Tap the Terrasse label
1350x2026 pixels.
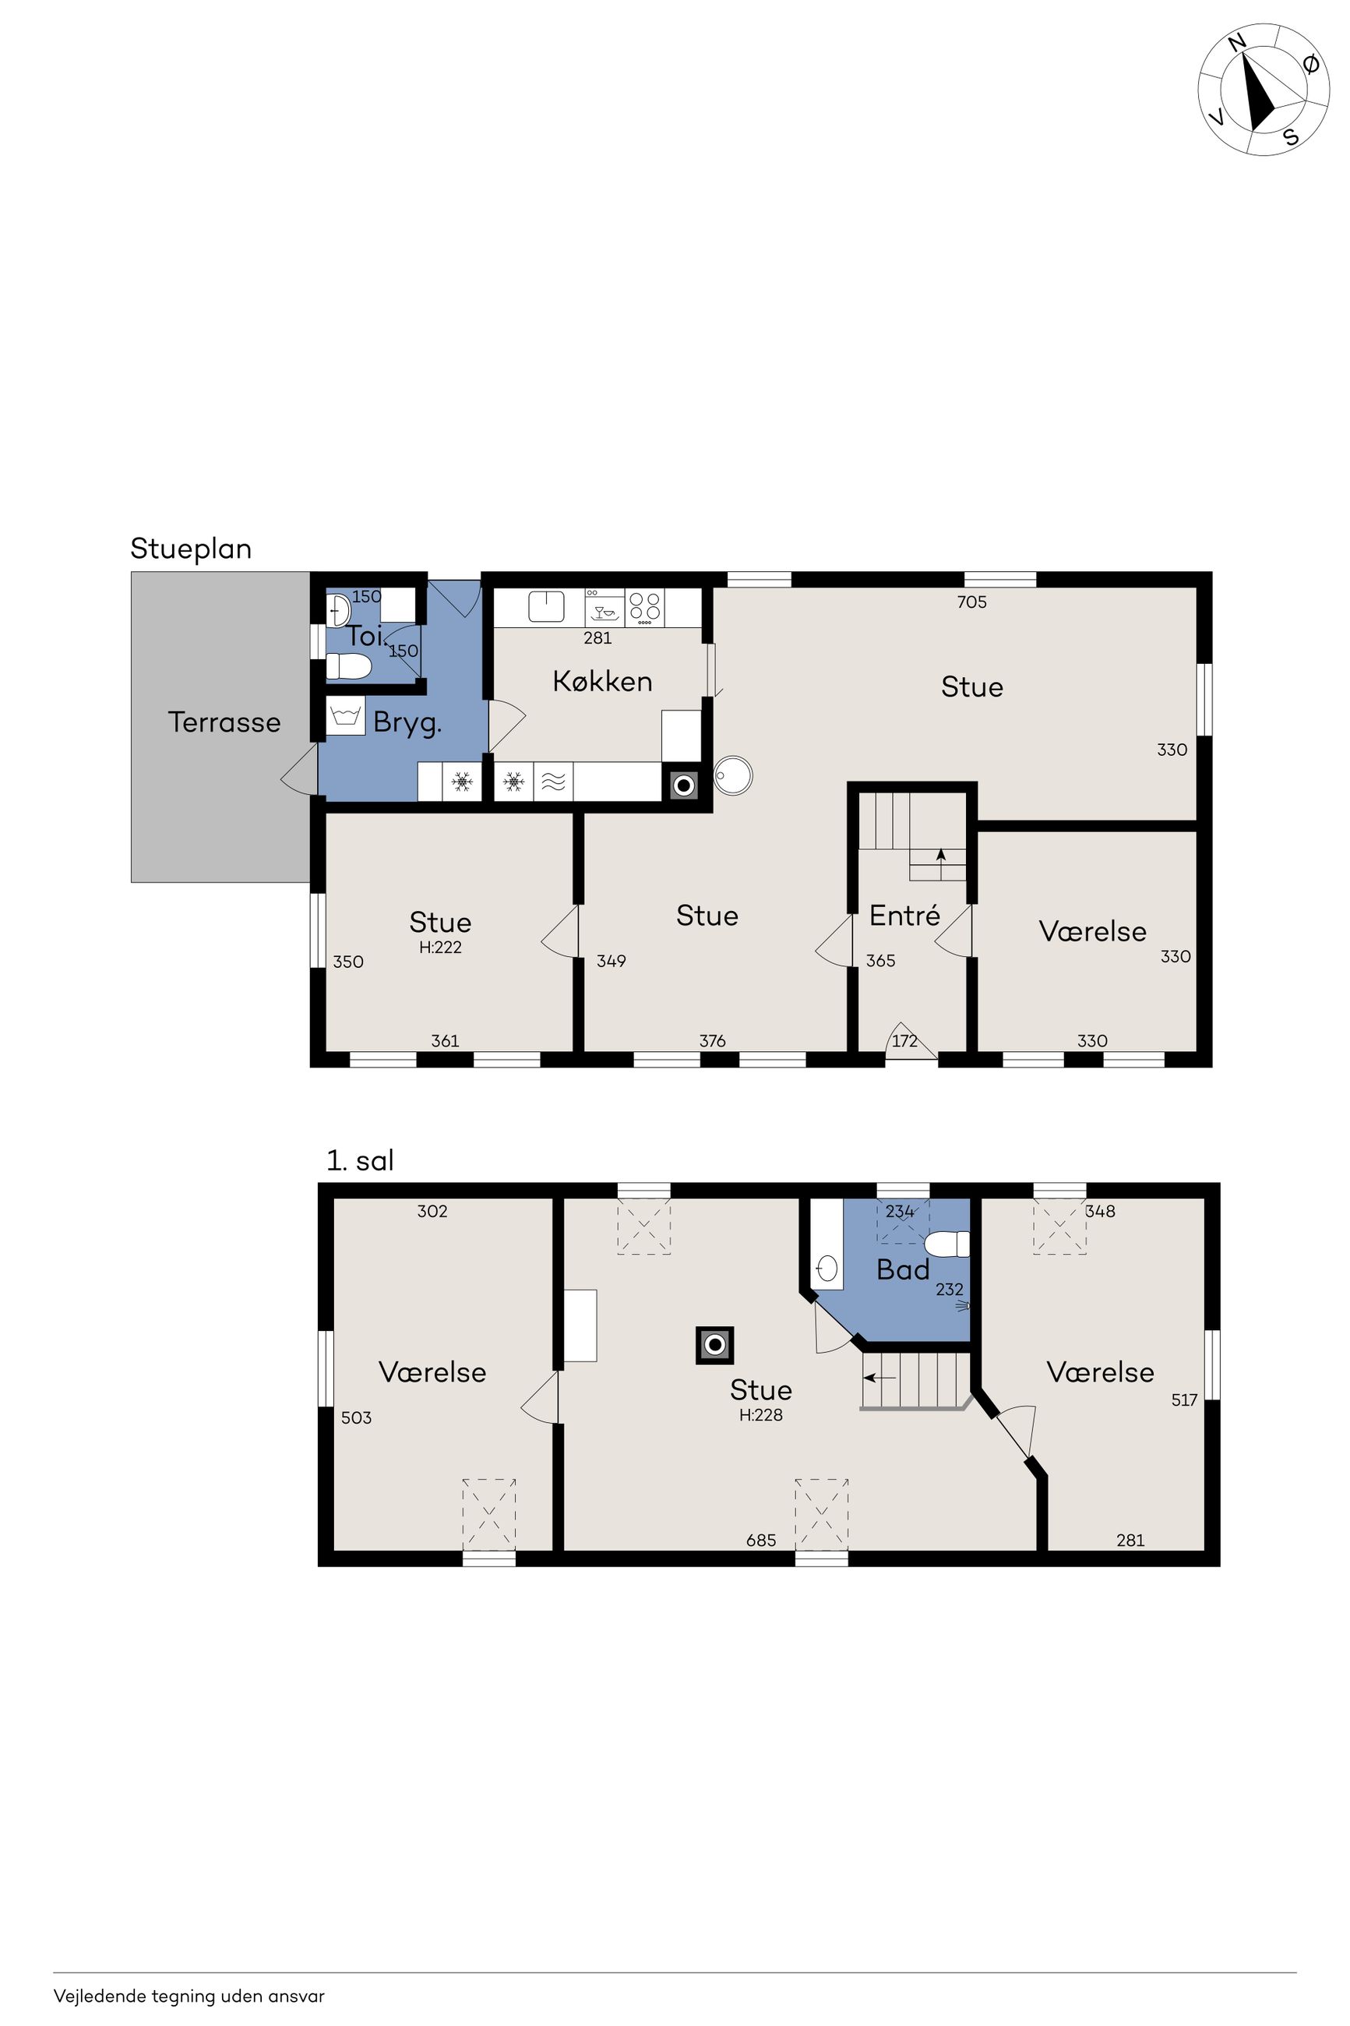pos(224,722)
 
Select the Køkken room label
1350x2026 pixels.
pos(602,681)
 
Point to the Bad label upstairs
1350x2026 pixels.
pos(902,1269)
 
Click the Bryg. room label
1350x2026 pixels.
pos(407,722)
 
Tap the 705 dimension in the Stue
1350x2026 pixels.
pos(971,602)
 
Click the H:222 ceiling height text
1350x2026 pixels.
pos(440,947)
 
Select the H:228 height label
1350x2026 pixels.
pos(761,1414)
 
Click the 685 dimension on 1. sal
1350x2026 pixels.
pos(761,1540)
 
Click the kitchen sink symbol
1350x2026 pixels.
pos(546,606)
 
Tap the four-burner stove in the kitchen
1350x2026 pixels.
pos(645,606)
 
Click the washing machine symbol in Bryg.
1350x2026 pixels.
pos(345,715)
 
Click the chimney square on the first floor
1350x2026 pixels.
pos(714,1345)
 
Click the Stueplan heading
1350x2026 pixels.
pos(190,549)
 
